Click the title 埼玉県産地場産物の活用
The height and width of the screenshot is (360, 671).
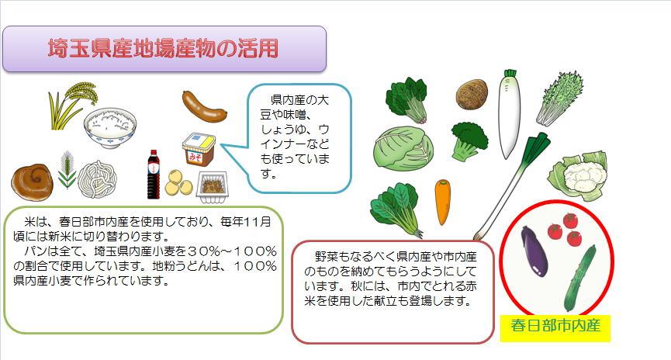pos(164,49)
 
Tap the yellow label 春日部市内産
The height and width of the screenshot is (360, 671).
pos(556,325)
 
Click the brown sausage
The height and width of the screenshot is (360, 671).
pos(204,106)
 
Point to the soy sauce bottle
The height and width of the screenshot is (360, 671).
pos(154,175)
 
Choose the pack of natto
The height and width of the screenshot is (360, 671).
pos(209,185)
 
